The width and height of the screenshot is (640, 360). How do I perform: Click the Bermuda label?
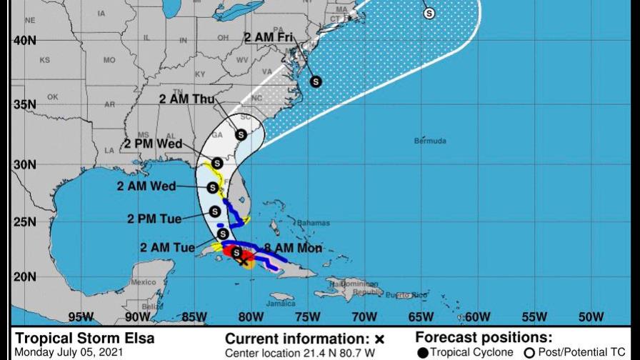point(430,141)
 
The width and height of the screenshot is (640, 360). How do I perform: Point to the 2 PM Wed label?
point(153,142)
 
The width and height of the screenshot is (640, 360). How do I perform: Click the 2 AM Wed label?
point(147,186)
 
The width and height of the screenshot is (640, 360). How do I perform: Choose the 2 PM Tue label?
point(154,219)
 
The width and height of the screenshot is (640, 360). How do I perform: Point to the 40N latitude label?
point(25,41)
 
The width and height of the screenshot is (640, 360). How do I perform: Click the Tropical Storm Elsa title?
point(84,339)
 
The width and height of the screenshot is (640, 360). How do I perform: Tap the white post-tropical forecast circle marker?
point(429,12)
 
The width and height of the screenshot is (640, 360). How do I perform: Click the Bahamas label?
point(309,222)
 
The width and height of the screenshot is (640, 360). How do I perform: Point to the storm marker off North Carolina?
point(316,81)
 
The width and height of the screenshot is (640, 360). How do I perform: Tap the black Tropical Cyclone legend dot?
point(423,352)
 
